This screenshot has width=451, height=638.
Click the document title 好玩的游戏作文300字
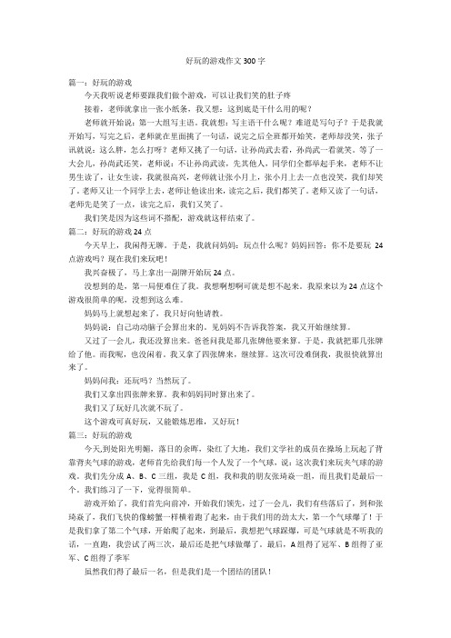click(x=225, y=59)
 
